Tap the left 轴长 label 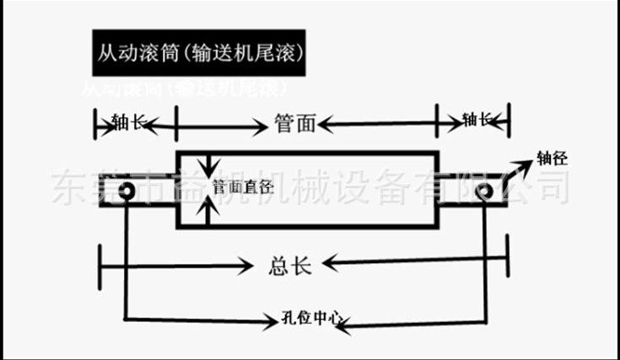(128, 123)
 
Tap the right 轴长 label (477, 120)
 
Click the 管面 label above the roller (294, 125)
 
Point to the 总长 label (290, 266)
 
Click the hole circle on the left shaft (127, 191)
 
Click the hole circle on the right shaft (483, 191)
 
